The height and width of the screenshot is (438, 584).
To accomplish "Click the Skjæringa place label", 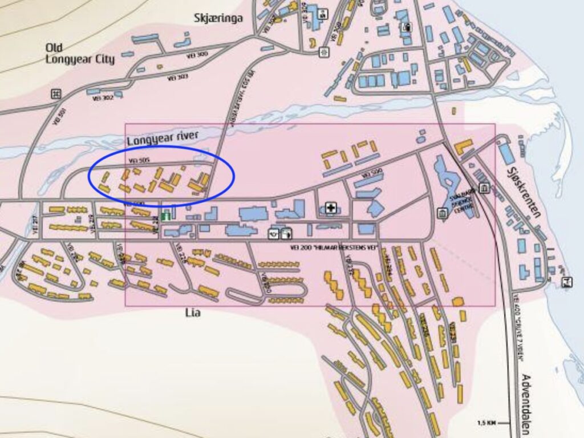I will (218, 18).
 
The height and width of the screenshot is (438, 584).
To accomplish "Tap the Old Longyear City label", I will (80, 54).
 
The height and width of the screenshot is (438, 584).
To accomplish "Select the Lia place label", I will (193, 313).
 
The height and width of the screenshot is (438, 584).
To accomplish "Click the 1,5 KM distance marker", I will (487, 423).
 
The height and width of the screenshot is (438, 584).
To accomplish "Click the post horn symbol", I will (274, 233).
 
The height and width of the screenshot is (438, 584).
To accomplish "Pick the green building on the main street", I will (166, 216).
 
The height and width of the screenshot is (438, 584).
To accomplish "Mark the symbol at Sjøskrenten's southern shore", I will (567, 282).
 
